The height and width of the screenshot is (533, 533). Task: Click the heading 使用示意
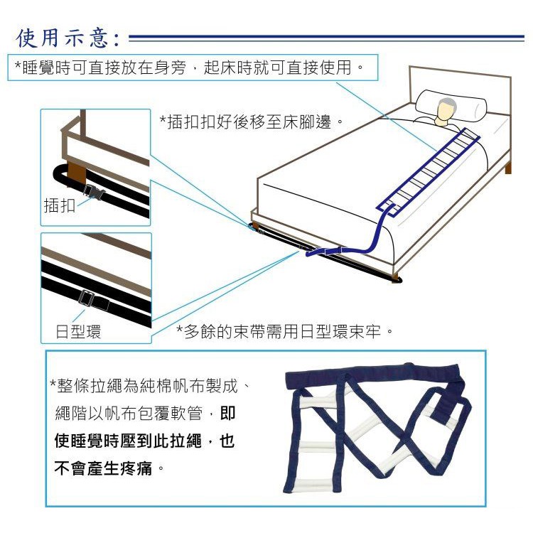tap(68, 38)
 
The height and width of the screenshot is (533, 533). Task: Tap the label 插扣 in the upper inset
tap(60, 205)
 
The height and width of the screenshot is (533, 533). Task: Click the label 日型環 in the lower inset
tap(78, 332)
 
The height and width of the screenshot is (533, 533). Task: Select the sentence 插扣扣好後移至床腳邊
tap(249, 122)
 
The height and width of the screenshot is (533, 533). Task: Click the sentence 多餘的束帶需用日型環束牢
tap(285, 331)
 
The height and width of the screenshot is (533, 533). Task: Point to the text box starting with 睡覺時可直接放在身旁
tap(193, 68)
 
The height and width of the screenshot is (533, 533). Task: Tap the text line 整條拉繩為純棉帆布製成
tap(149, 386)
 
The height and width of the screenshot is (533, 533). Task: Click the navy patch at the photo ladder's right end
tap(448, 407)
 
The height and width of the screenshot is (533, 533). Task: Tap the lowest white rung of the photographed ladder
tap(313, 484)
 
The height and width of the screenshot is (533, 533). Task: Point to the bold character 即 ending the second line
tap(227, 414)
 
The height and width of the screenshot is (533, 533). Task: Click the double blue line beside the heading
tap(327, 38)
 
